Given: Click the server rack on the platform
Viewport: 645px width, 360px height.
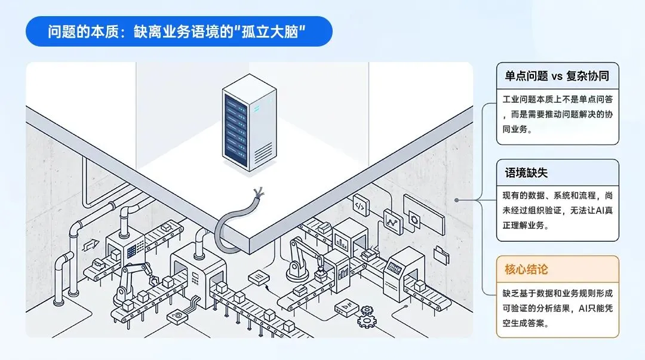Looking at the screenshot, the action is [x=249, y=122].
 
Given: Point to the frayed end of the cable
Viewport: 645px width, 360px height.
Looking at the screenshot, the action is [x=259, y=193].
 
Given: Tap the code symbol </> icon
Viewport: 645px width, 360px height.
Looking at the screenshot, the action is [x=360, y=205].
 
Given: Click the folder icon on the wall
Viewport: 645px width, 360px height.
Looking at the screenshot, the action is [x=441, y=254].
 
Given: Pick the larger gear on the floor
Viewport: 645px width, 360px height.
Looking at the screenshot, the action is [x=367, y=320].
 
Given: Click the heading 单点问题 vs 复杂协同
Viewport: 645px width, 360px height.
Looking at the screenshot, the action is [x=557, y=76].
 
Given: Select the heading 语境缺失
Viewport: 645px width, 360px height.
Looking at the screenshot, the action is [x=526, y=173].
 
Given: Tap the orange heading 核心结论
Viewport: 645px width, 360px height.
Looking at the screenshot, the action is [x=526, y=269].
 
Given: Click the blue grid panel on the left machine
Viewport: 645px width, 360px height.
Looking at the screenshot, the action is [x=131, y=251].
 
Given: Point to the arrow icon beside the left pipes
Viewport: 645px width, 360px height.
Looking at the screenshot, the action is [x=91, y=245].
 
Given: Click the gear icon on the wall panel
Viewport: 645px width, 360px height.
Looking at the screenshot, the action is [x=414, y=219].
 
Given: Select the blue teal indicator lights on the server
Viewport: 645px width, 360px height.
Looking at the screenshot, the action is [x=256, y=109].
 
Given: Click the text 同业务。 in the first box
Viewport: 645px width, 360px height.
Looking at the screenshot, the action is [x=517, y=129].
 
